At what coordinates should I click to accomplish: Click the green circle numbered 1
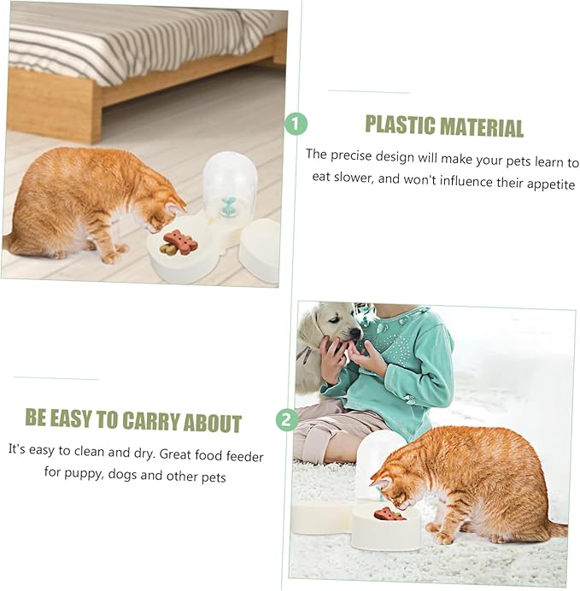tap(296, 125)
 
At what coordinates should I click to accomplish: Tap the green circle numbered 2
tap(288, 419)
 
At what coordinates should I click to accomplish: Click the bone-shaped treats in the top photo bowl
tap(179, 243)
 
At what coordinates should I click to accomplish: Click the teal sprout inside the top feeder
tap(228, 206)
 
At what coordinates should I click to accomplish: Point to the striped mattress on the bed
tap(128, 38)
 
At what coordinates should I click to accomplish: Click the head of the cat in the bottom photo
tap(395, 483)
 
